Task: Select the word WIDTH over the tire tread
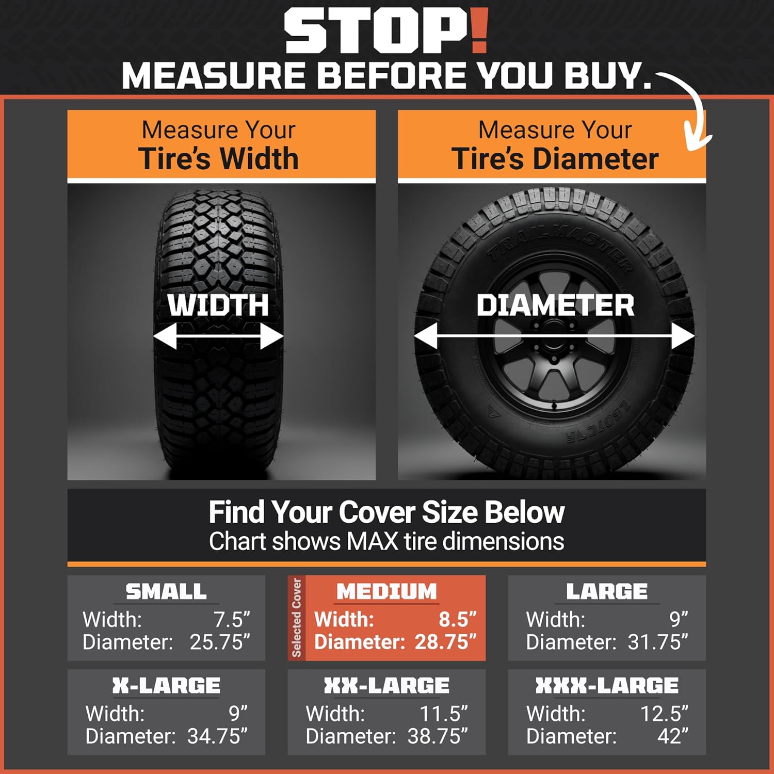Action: (218, 304)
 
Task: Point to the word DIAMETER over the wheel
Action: (555, 305)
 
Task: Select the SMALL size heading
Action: (166, 591)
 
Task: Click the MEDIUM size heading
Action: (386, 591)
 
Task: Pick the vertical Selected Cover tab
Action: (297, 618)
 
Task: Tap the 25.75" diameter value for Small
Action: (220, 642)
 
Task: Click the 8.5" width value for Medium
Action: (458, 619)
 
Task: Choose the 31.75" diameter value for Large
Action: (658, 642)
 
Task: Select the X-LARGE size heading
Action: (166, 686)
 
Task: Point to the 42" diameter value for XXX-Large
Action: (673, 736)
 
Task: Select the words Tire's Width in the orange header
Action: (218, 158)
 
